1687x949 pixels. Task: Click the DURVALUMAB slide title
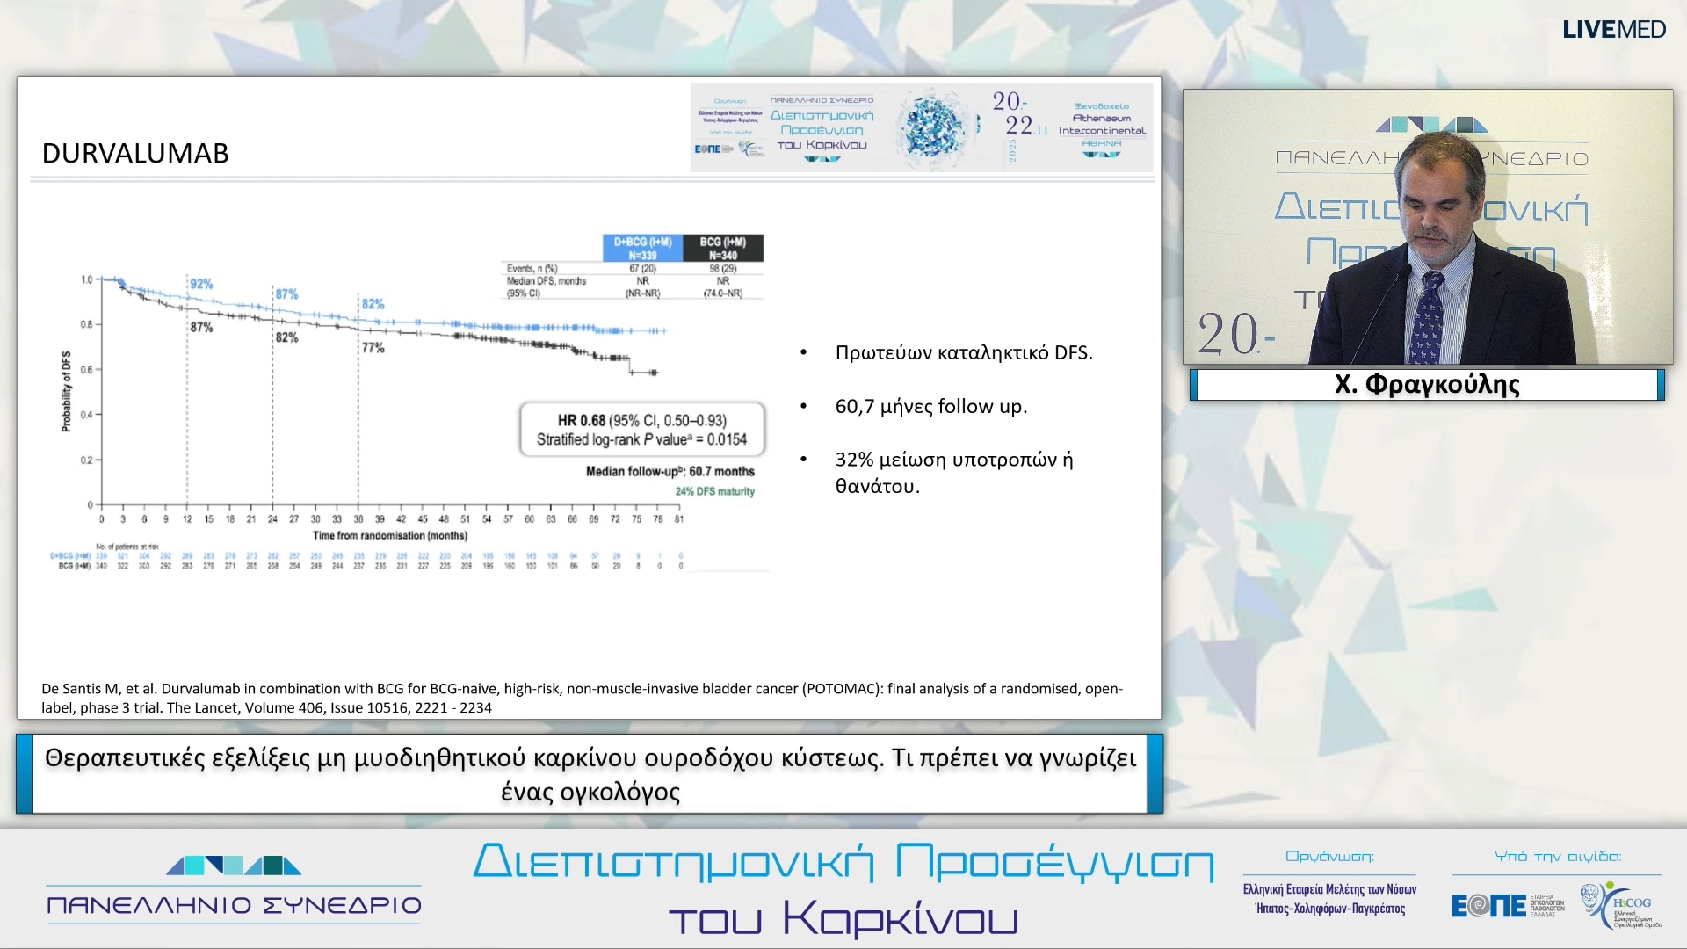click(135, 154)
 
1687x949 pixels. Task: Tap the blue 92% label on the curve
click(201, 284)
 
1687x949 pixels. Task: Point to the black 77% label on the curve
click(373, 348)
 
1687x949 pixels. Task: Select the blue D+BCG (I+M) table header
click(642, 248)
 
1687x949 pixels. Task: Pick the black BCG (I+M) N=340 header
click(722, 248)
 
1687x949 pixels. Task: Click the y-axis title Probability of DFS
click(66, 391)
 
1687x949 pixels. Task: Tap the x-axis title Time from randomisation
click(390, 535)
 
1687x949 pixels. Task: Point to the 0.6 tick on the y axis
click(86, 370)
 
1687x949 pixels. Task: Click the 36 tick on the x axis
click(358, 519)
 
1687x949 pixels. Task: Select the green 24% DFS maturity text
click(714, 491)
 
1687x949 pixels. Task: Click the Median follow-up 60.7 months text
click(670, 472)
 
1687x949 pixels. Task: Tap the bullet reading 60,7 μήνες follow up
click(930, 406)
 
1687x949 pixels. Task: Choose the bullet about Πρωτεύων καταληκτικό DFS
click(963, 352)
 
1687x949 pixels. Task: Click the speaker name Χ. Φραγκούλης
click(1426, 385)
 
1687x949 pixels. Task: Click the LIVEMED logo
click(1613, 29)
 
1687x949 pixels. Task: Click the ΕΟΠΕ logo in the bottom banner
click(1488, 905)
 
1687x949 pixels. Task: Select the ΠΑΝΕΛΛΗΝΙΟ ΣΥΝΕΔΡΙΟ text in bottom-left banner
click(234, 905)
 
